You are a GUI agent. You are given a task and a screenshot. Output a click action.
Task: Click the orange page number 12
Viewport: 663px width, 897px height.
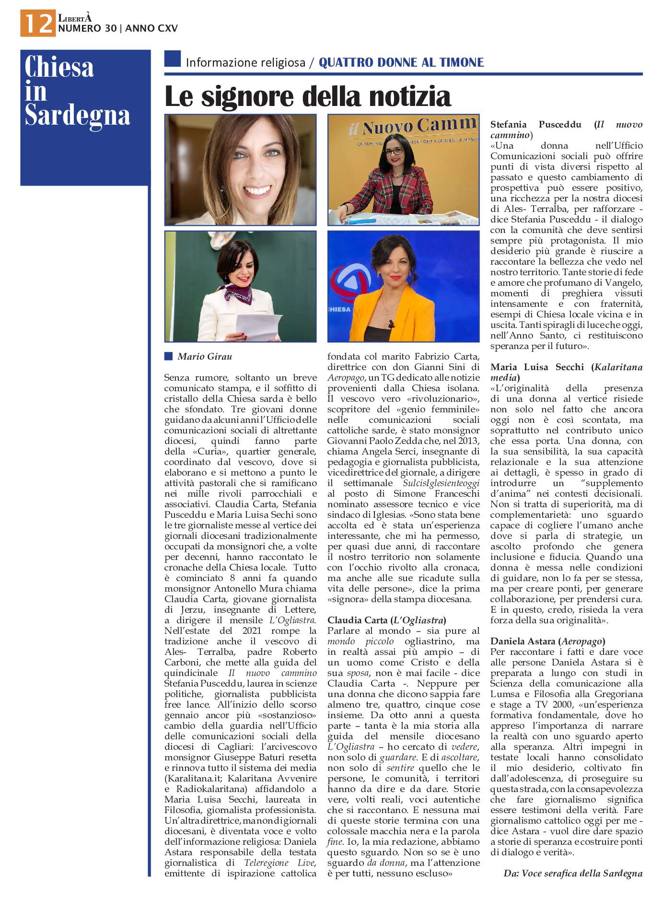38,23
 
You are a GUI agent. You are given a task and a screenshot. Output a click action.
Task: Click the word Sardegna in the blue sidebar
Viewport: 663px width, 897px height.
77,116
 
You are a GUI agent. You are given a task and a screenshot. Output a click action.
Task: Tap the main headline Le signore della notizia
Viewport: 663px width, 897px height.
307,96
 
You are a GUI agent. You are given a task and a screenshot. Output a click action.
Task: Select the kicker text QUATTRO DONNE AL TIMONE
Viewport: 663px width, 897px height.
401,62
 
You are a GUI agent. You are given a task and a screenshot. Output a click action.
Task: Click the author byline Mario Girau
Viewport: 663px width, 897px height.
205,356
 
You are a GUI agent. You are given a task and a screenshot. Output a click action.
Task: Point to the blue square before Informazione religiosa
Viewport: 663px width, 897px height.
173,59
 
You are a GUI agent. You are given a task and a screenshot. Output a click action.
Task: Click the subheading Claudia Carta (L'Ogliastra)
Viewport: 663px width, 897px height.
386,620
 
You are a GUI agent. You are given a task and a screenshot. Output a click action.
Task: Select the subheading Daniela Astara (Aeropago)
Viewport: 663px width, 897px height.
547,641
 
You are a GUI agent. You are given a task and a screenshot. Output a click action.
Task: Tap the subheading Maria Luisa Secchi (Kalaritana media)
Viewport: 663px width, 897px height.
566,372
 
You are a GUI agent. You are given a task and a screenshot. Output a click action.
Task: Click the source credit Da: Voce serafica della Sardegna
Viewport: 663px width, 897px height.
573,873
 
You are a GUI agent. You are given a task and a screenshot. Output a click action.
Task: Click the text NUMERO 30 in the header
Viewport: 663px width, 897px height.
87,28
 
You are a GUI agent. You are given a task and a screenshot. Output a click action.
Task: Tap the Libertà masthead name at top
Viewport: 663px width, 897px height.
74,18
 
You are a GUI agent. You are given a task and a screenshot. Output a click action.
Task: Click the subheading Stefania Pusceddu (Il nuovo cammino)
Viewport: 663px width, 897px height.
566,129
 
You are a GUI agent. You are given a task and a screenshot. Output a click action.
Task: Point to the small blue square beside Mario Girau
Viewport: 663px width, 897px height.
168,356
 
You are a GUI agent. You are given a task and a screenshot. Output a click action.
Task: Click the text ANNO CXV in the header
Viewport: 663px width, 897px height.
151,28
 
